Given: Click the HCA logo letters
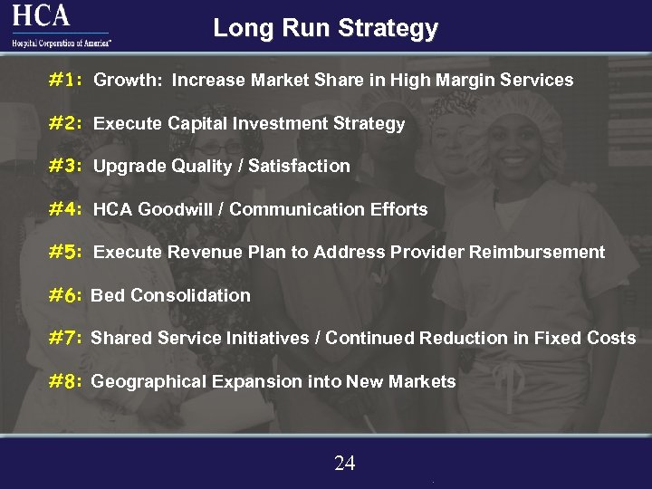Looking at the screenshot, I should pos(41,15).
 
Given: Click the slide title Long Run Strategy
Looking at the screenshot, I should pos(325,28).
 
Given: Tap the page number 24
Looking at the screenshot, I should pos(344,464).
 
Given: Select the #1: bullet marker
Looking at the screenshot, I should pos(66,80).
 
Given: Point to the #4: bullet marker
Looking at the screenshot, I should pos(66,209).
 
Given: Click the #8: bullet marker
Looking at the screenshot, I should pos(66,382).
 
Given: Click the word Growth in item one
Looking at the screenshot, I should pos(127,80).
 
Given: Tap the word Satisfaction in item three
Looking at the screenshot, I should pos(299,166).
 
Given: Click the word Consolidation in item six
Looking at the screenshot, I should pos(190,295).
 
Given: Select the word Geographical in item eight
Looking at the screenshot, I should pos(149,382).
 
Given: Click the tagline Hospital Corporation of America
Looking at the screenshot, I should pos(61,43).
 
